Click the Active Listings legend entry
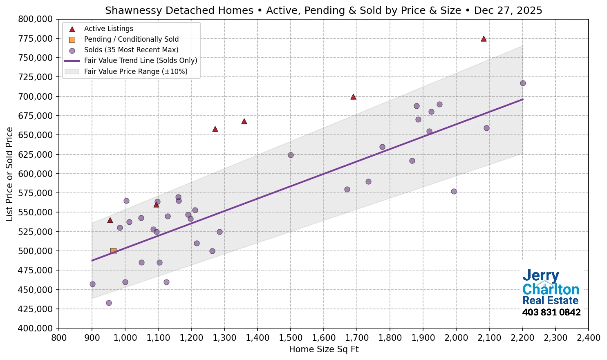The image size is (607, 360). (x=108, y=29)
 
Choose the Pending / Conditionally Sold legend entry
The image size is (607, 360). (x=131, y=39)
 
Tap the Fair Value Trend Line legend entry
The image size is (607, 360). (x=140, y=60)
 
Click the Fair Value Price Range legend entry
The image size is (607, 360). (x=135, y=72)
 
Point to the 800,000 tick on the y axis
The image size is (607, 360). (x=36, y=19)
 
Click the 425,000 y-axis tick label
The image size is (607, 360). (x=36, y=309)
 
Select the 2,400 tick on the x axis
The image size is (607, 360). (x=588, y=338)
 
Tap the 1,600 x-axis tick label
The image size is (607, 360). (x=323, y=338)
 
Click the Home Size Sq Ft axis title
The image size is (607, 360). (x=323, y=349)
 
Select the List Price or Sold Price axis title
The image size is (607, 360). (x=9, y=174)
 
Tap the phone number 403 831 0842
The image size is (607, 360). (x=551, y=313)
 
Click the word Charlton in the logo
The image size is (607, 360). (x=551, y=290)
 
